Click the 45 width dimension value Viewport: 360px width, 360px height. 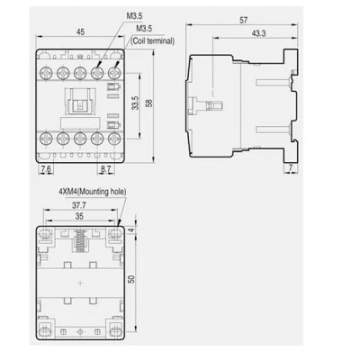[80, 31]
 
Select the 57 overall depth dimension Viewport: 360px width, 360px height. [244, 20]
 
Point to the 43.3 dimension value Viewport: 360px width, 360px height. [258, 33]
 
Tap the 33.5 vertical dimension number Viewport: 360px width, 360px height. [136, 103]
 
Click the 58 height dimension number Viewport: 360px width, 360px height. [148, 103]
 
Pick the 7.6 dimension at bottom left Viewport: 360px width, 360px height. [46, 169]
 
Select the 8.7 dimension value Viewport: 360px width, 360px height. [105, 169]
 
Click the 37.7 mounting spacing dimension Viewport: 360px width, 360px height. [79, 205]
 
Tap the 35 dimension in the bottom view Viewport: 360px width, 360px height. [79, 216]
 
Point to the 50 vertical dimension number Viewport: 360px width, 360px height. [131, 279]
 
